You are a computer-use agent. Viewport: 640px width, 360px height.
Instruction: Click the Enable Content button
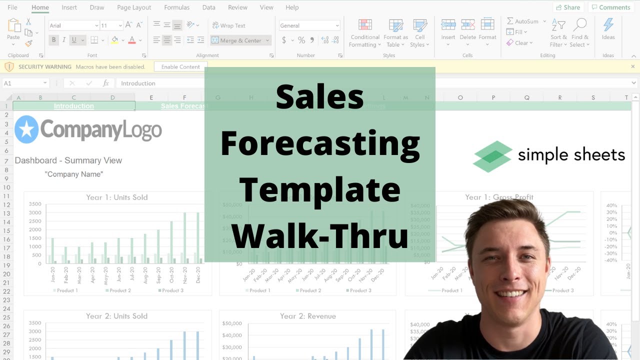(x=180, y=66)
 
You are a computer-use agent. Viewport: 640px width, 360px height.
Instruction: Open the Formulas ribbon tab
(x=176, y=7)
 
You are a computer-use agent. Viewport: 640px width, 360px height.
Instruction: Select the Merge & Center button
(x=240, y=40)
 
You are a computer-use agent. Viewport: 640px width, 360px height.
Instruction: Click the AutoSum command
(x=522, y=21)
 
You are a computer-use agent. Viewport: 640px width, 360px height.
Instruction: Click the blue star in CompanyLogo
(x=26, y=129)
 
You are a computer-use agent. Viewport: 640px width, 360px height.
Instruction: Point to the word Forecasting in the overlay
(x=320, y=144)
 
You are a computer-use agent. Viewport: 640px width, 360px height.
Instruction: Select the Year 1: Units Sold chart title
(x=117, y=197)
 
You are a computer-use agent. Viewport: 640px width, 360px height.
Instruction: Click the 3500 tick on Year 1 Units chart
(x=35, y=204)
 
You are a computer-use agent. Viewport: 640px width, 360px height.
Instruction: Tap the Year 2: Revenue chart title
(x=307, y=316)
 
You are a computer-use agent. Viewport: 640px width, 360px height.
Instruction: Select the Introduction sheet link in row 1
(x=73, y=106)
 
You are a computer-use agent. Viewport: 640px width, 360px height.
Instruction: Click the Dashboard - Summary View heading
(x=68, y=160)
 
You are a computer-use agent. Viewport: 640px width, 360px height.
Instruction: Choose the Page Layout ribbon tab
(x=134, y=7)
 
